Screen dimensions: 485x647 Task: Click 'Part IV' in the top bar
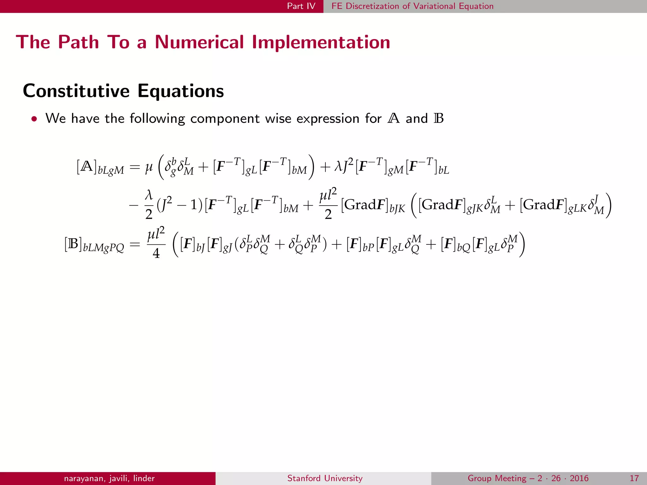pos(301,6)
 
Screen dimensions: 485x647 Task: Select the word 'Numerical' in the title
pos(199,42)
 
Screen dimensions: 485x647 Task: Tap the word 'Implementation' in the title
pos(321,42)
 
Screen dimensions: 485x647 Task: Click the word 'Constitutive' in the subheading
pos(76,91)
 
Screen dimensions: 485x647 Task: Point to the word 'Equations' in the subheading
pos(180,91)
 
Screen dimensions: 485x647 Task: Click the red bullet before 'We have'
pos(34,119)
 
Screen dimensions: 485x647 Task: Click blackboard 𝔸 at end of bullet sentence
pos(393,118)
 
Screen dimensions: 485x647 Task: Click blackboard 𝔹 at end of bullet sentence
pos(439,118)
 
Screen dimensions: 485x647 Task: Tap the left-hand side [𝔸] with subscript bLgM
pos(100,167)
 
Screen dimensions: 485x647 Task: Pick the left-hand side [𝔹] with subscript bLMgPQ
pos(94,245)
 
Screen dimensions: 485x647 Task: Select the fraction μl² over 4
pos(156,243)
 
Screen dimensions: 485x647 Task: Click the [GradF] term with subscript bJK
pos(373,206)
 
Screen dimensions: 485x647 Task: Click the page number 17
pos(634,478)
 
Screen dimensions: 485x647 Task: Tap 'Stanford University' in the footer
pos(325,478)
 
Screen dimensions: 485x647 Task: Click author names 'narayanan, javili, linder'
pos(109,478)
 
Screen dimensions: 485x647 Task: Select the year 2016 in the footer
pos(579,478)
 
